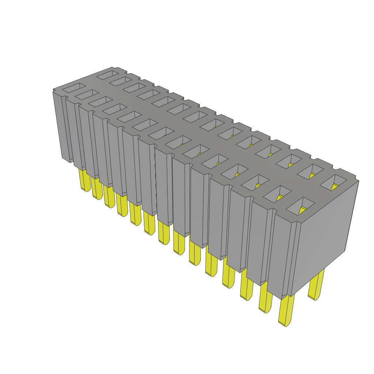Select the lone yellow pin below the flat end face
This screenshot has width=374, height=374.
point(316,285)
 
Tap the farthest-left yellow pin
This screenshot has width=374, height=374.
point(85,180)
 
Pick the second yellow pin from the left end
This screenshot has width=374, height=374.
point(97,188)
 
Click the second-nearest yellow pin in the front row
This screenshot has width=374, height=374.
point(266,299)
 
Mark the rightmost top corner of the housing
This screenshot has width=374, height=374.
point(358,180)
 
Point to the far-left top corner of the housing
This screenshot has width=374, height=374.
point(53,89)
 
